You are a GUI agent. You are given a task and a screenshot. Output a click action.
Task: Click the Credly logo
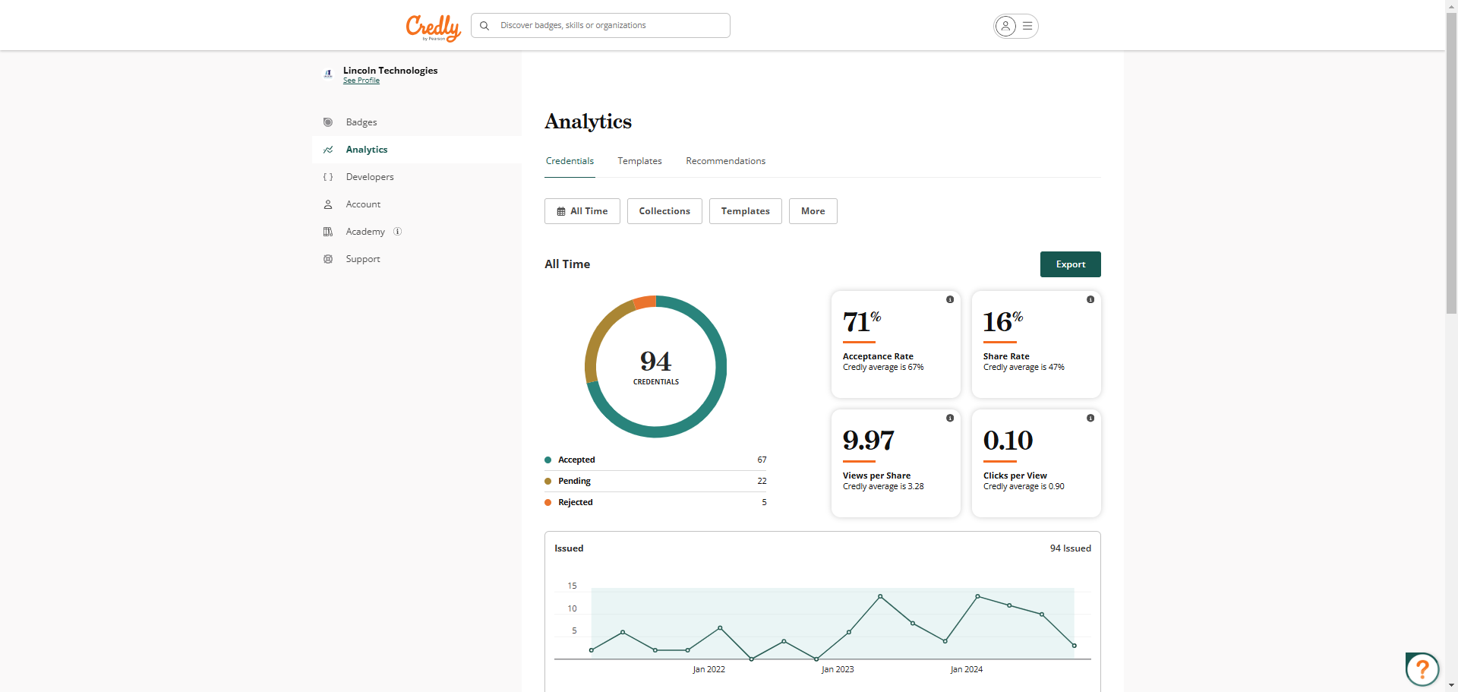click(x=433, y=27)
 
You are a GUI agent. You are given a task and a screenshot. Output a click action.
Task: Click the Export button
click(x=1070, y=264)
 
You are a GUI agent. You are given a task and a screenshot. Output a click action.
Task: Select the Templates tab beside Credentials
click(x=639, y=161)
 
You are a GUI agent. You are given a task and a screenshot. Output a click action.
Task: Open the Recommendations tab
click(x=725, y=161)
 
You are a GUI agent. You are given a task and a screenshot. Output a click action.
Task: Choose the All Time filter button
click(x=582, y=211)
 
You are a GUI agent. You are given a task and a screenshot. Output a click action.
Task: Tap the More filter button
click(x=813, y=211)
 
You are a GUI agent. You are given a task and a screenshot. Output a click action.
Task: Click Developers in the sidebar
click(x=370, y=177)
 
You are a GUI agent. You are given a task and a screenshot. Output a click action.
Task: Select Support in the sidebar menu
click(x=363, y=259)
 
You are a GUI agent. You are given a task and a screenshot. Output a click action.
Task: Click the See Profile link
click(x=361, y=81)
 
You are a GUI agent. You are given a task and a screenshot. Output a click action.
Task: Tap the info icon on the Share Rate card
click(x=1090, y=299)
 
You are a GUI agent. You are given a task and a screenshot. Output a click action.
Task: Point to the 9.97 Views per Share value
click(x=869, y=441)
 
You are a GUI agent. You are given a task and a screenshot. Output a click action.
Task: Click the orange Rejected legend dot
click(x=548, y=502)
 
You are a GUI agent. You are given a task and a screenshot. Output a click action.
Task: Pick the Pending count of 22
click(x=762, y=481)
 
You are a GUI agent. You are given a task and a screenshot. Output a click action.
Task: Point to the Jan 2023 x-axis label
click(x=838, y=669)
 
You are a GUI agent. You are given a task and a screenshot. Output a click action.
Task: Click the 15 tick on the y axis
click(x=572, y=586)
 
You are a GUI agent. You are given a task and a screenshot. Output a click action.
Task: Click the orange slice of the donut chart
click(x=645, y=302)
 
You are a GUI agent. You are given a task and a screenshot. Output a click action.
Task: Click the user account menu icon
click(x=1015, y=26)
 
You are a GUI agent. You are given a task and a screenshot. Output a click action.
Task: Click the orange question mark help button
click(x=1422, y=669)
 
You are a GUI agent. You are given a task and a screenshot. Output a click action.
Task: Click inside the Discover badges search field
click(x=607, y=25)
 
